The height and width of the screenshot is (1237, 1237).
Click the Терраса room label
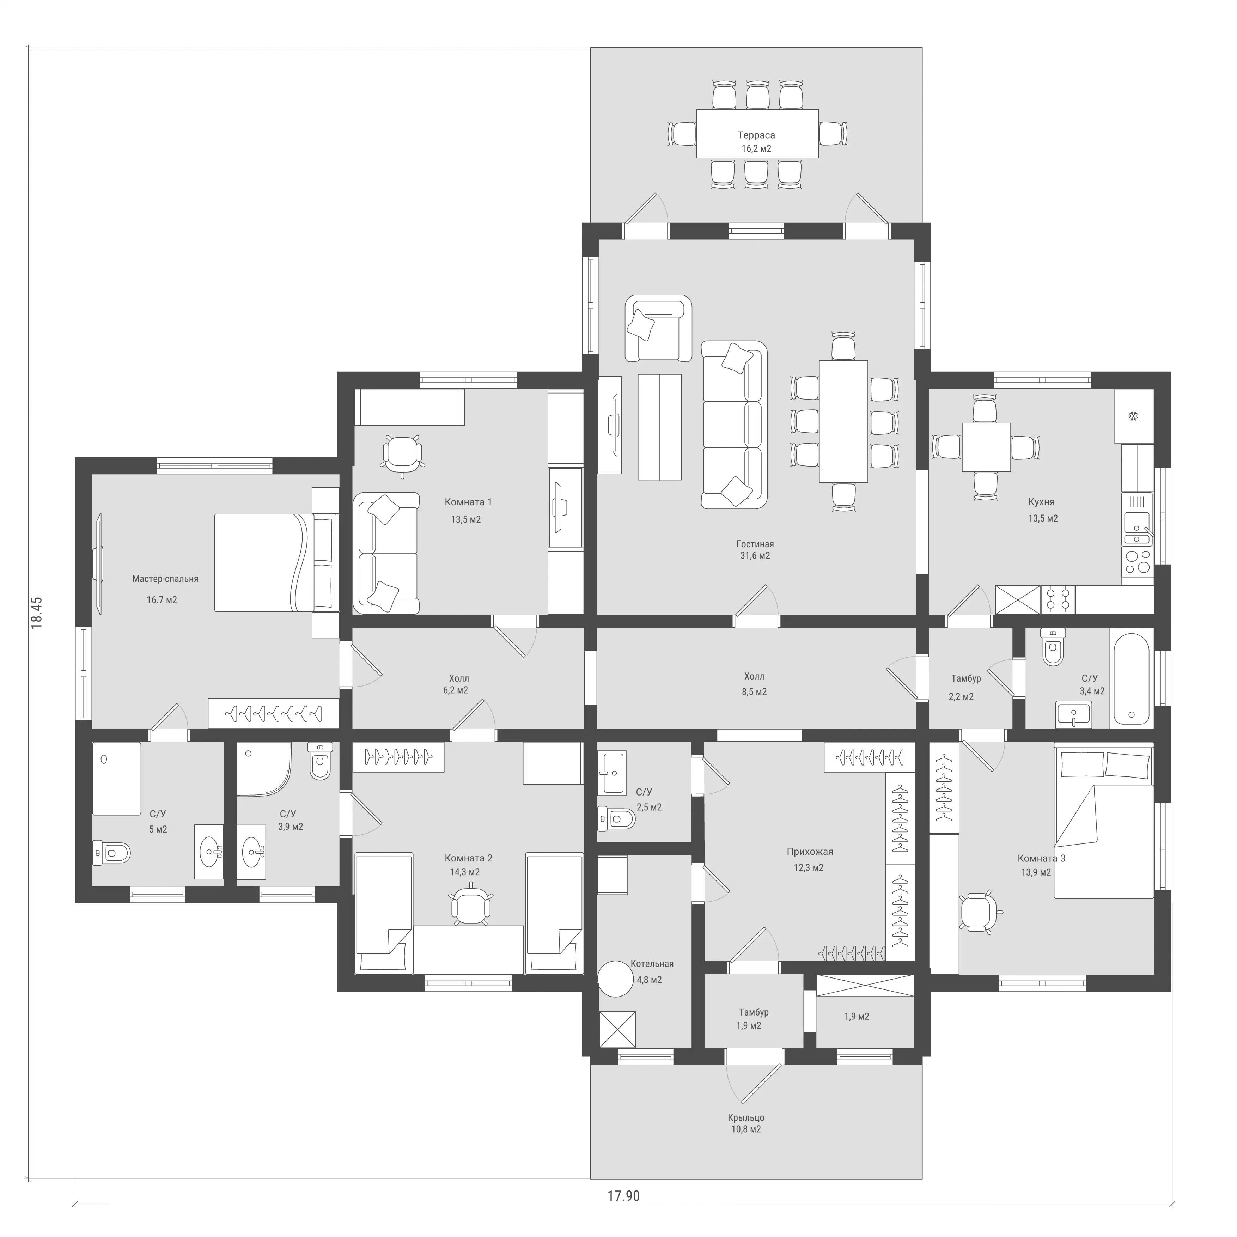pos(756,135)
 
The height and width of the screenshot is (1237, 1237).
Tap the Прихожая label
pos(810,852)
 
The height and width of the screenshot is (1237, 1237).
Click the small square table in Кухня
pos(986,447)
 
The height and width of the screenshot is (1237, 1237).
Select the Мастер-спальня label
pos(165,579)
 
